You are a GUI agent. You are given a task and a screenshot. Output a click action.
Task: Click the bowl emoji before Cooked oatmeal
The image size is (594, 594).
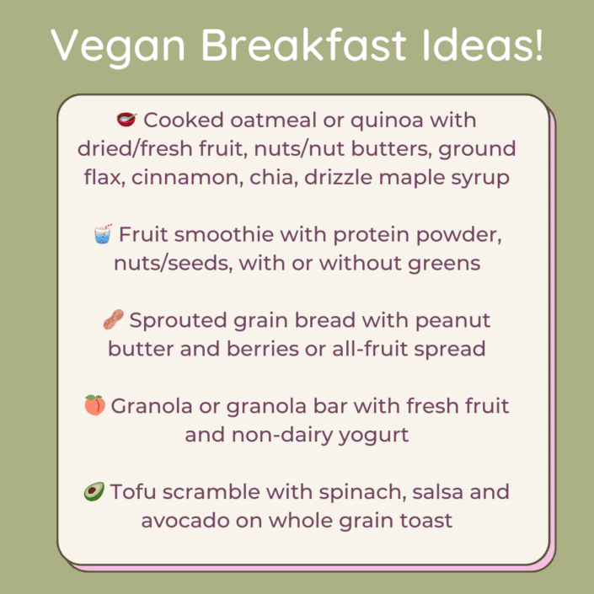point(126,120)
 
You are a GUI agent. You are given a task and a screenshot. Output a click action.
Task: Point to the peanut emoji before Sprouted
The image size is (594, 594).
point(113,320)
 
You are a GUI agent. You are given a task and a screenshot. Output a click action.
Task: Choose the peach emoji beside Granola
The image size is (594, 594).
point(94,406)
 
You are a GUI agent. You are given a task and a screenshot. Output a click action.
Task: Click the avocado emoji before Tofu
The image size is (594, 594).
point(94,492)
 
